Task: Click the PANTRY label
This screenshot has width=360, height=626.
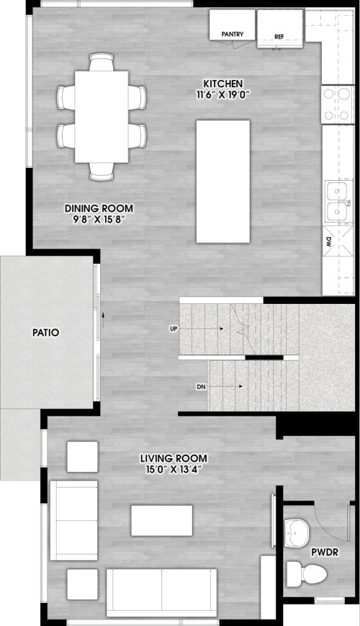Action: [233, 35]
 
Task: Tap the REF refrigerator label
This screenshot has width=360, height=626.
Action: [279, 37]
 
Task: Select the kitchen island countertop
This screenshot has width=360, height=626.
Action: [223, 182]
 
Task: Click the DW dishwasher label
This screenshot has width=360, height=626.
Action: [328, 241]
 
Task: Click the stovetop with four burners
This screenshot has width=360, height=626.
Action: [338, 104]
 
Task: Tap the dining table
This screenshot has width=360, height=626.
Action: [102, 117]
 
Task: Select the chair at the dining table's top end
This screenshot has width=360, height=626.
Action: [102, 62]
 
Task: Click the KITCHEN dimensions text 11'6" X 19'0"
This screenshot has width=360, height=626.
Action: [222, 94]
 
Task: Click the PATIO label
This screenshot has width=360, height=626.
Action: [46, 333]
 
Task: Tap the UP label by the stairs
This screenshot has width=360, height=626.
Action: [174, 328]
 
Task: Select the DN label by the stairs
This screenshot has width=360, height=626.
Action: [201, 387]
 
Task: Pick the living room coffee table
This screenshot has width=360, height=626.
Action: [162, 521]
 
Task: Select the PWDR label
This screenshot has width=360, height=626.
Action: [325, 553]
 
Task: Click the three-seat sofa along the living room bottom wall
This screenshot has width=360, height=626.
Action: [162, 593]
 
